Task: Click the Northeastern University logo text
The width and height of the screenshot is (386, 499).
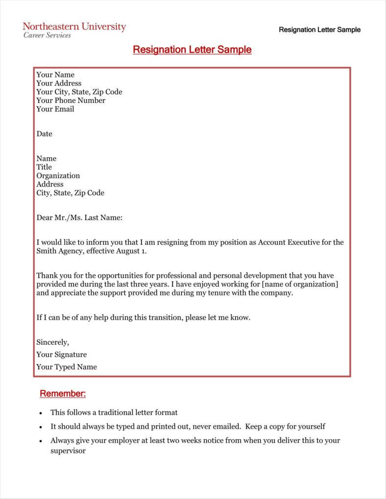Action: coord(74,26)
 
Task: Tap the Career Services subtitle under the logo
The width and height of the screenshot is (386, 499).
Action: coord(47,35)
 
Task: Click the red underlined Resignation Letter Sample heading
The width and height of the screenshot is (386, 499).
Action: coord(192,50)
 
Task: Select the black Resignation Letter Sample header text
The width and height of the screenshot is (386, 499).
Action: coord(319,30)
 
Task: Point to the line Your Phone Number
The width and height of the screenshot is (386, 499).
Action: coord(71,100)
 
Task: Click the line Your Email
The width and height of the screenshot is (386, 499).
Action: coord(55,109)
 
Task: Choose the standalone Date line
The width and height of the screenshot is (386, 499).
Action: coord(44,134)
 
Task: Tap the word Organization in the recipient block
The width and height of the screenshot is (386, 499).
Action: coord(58,176)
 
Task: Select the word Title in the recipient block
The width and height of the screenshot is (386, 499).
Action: coord(44,167)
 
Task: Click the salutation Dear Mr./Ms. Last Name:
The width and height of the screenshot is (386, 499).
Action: coord(79,217)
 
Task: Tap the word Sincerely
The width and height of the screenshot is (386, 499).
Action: coord(52,342)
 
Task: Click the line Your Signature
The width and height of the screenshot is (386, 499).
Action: coord(61,355)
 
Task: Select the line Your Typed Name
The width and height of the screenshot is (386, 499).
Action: coord(67,367)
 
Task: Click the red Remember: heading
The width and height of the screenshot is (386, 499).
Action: coord(63,394)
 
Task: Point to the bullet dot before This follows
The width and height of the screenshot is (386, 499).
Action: coord(41,413)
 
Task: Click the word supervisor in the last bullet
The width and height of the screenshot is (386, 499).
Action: coord(68,451)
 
